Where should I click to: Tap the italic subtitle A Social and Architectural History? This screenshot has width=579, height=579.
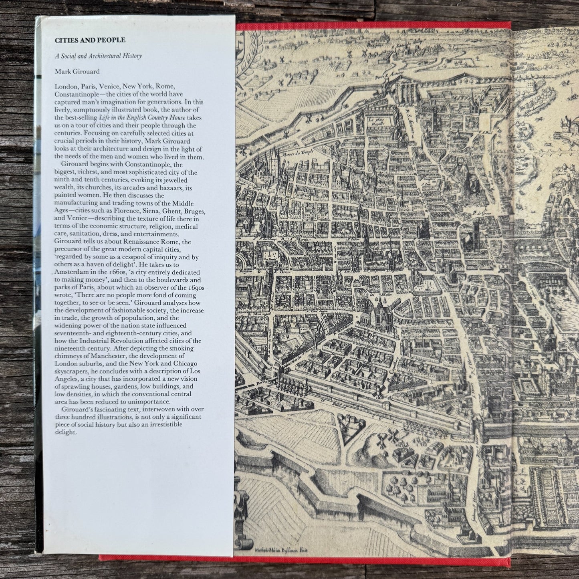(x=99, y=56)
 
